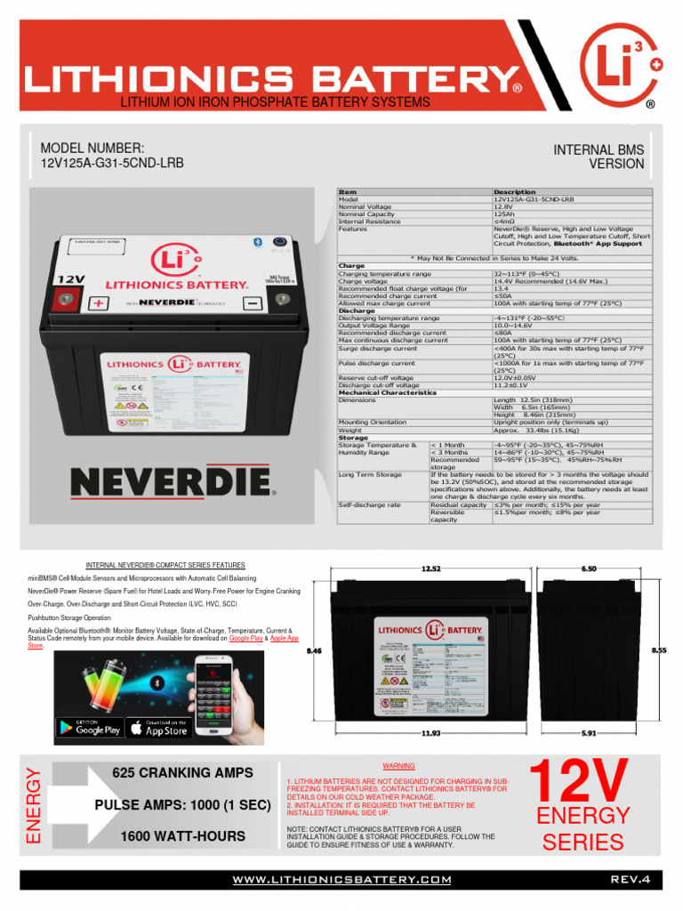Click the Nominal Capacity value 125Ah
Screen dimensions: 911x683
504,214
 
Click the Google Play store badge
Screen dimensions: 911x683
89,727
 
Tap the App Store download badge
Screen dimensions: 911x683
159,727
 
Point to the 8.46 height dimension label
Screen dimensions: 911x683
313,651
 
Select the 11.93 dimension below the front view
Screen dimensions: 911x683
431,733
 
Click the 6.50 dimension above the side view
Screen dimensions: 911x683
589,568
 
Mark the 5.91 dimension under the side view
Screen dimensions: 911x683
589,733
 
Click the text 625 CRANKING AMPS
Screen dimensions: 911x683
182,773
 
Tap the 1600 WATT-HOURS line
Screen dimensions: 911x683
182,836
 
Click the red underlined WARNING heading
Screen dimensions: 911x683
399,766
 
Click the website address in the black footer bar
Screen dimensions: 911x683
342,880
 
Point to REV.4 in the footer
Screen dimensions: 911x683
631,880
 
